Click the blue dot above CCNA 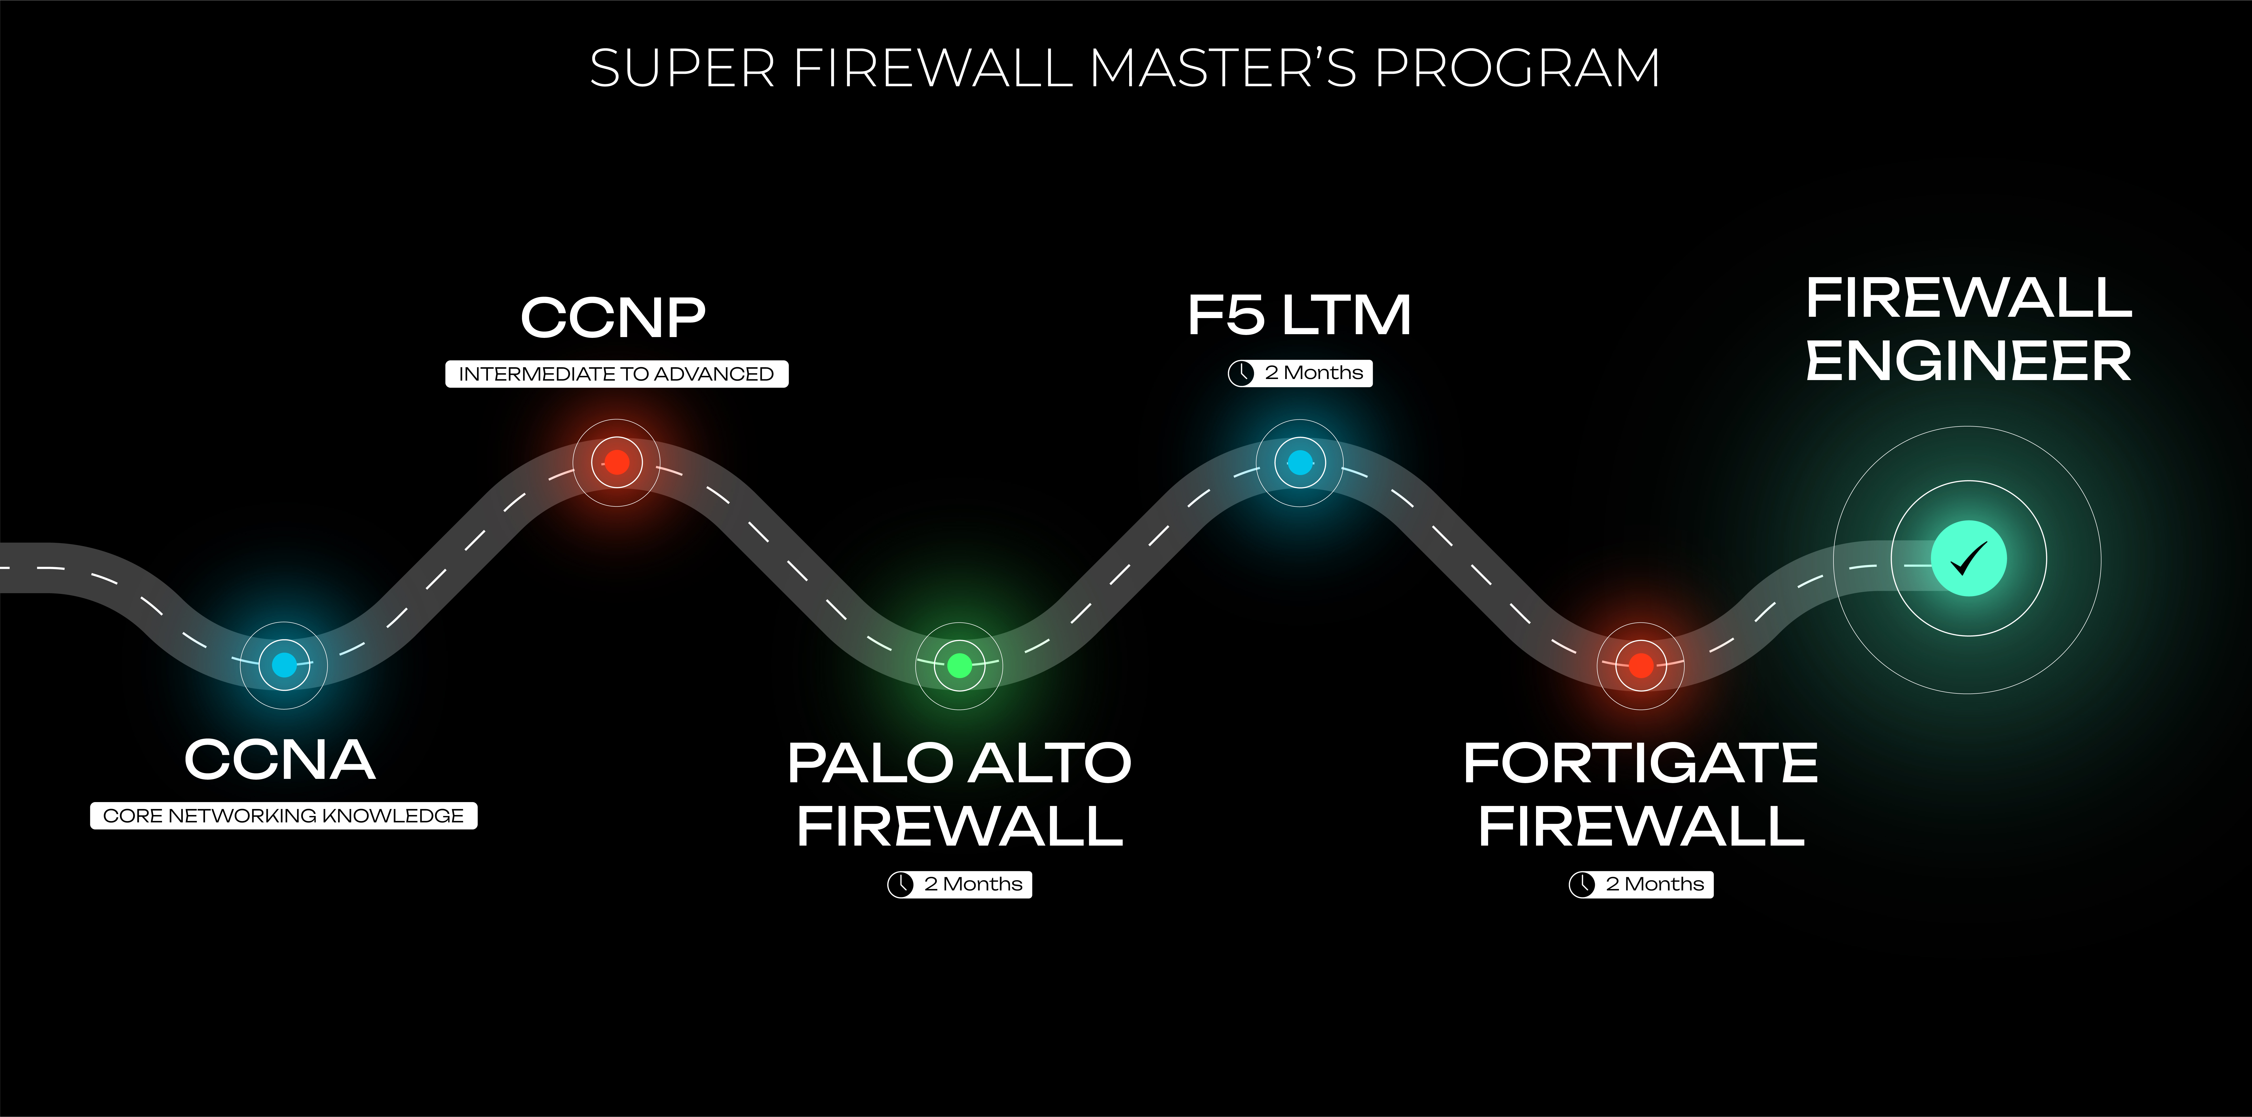coord(284,665)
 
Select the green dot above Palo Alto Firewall coord(959,666)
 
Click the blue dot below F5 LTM coord(1300,462)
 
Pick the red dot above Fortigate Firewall coord(1641,666)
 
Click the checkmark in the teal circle coord(1969,559)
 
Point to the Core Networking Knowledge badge coord(283,816)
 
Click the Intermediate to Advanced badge coord(616,374)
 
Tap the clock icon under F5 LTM coord(1241,373)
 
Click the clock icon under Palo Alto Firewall coord(900,885)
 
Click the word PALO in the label coord(870,763)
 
